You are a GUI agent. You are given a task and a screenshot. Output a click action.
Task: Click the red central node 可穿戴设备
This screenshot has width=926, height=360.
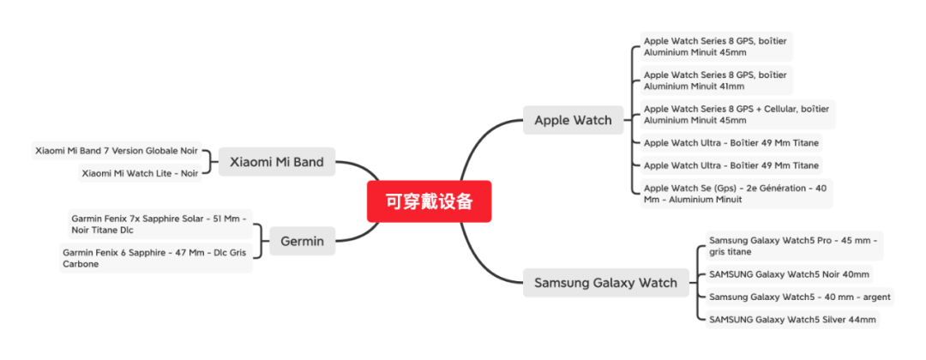pyautogui.click(x=429, y=201)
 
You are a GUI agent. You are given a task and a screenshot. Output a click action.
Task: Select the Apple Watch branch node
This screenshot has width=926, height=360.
pyautogui.click(x=573, y=120)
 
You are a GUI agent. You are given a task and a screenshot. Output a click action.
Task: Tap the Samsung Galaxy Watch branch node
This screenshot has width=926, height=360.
pyautogui.click(x=605, y=282)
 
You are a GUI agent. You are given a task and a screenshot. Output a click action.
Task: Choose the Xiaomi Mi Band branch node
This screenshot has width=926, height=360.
pyautogui.click(x=276, y=161)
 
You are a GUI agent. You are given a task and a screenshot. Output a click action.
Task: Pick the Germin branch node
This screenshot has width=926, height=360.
pyautogui.click(x=302, y=241)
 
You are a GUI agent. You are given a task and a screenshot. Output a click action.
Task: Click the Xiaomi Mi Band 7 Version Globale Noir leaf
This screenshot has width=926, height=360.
pyautogui.click(x=116, y=151)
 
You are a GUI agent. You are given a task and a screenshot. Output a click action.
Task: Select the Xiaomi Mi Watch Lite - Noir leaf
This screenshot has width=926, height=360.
pyautogui.click(x=139, y=173)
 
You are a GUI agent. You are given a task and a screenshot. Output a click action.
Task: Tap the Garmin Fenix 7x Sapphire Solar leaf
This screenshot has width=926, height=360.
pyautogui.click(x=159, y=225)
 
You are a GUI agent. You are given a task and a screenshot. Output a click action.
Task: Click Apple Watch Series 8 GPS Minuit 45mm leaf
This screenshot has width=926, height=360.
pyautogui.click(x=715, y=46)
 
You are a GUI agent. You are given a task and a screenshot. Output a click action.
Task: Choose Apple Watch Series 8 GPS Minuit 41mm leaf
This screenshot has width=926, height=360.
pyautogui.click(x=715, y=80)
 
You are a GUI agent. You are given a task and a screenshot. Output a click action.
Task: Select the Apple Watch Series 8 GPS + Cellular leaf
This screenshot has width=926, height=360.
pyautogui.click(x=737, y=114)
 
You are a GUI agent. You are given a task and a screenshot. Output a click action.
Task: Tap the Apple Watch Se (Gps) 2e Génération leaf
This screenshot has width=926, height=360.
pyautogui.click(x=736, y=193)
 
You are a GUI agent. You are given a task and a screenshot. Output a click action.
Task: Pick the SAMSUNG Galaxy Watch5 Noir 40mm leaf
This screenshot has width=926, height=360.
pyautogui.click(x=789, y=274)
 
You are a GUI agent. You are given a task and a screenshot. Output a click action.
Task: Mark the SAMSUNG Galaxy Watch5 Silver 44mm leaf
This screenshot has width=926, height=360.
pyautogui.click(x=792, y=319)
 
